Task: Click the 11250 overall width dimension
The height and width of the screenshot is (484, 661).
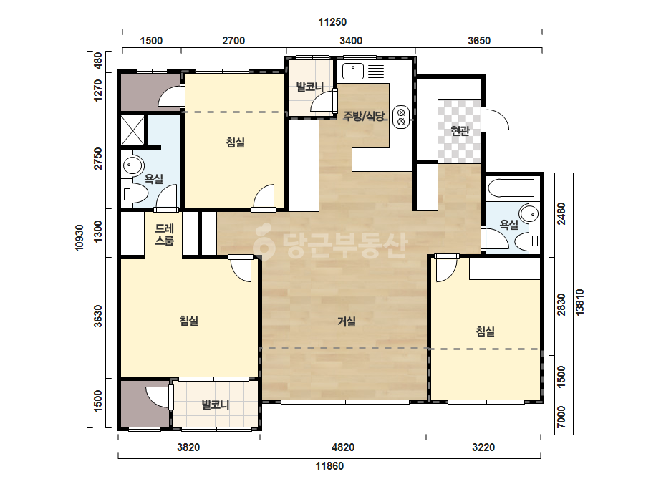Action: click(x=332, y=22)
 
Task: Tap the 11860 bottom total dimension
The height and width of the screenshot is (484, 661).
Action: click(x=329, y=466)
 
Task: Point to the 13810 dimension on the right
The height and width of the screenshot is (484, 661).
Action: click(x=580, y=302)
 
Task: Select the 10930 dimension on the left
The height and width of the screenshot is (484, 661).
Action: click(x=79, y=238)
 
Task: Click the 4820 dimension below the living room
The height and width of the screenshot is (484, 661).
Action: click(x=343, y=447)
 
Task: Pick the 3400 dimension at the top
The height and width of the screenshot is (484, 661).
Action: click(x=351, y=41)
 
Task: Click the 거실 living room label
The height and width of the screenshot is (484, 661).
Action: click(x=347, y=321)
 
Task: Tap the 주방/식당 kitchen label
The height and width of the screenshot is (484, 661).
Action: click(x=363, y=116)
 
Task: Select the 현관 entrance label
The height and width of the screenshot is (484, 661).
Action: click(x=460, y=131)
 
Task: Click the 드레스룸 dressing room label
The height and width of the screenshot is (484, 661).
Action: click(x=165, y=235)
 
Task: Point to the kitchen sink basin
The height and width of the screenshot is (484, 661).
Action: click(x=353, y=72)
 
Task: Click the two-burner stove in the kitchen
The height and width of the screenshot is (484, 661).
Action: click(x=401, y=117)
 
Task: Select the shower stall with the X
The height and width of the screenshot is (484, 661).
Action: click(x=132, y=131)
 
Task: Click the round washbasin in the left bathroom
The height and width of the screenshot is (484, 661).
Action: click(x=132, y=165)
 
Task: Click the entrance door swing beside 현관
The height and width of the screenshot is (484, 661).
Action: click(x=496, y=120)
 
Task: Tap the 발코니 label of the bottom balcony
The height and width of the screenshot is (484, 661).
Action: click(x=216, y=405)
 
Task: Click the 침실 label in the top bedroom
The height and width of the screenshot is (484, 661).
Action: click(x=235, y=142)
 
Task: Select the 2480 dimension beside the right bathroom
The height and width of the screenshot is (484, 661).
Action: click(x=561, y=214)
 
